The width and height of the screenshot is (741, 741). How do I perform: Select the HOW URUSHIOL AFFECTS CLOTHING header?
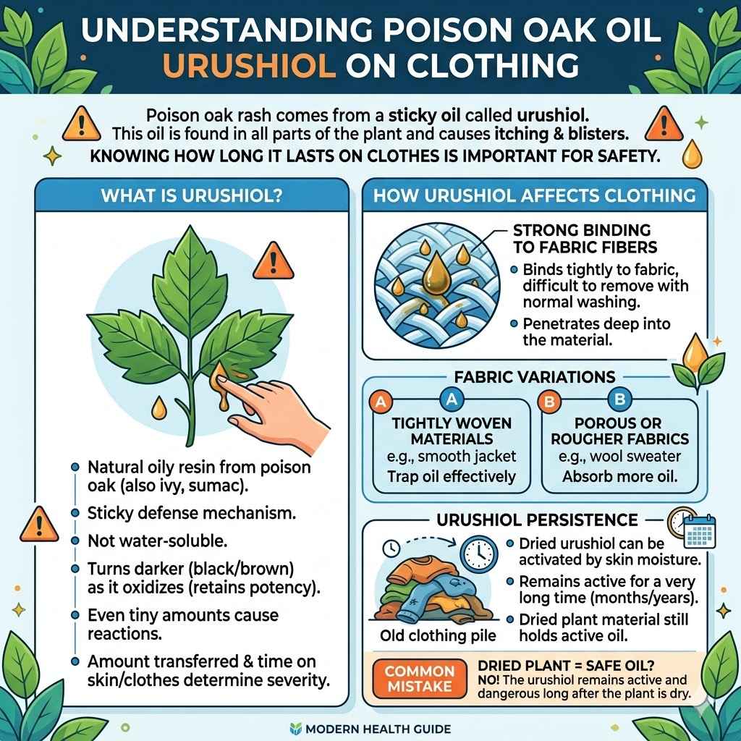(533, 195)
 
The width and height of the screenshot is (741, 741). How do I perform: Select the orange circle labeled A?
(379, 401)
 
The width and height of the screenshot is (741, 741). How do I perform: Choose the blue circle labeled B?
(619, 399)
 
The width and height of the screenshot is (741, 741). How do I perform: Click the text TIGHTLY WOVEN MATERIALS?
(451, 431)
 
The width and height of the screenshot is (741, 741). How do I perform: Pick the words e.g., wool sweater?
(619, 457)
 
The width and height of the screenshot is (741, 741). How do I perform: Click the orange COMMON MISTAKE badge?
(419, 679)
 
